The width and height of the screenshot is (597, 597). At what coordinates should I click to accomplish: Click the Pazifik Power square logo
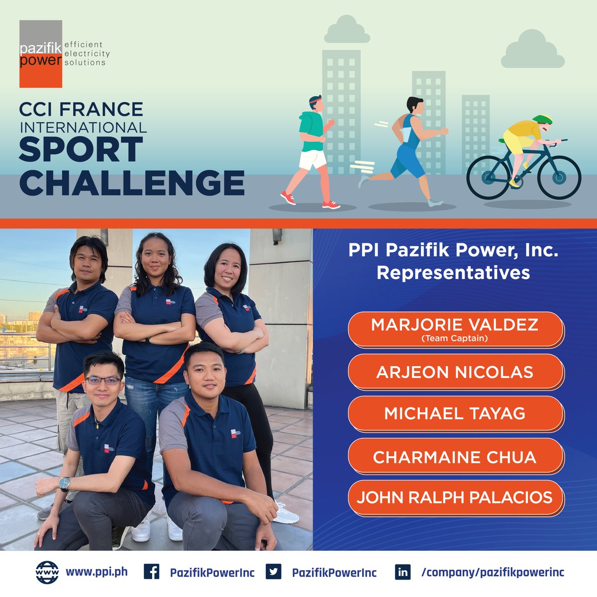(x=41, y=54)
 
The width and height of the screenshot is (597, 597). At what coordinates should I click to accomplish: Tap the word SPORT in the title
(x=81, y=150)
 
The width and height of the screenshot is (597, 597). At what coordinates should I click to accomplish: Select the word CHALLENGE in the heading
(x=132, y=183)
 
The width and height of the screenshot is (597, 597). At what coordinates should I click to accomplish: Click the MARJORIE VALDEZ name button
(x=455, y=329)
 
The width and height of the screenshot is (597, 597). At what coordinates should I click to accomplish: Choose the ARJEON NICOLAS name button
(x=455, y=372)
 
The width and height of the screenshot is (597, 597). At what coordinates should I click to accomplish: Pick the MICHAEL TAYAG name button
(x=455, y=413)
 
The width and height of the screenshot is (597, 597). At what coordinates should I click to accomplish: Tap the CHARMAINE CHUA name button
(x=455, y=457)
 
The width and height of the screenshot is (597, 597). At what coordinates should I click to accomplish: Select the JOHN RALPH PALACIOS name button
(x=455, y=497)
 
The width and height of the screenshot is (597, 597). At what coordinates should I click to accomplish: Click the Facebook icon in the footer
(x=151, y=572)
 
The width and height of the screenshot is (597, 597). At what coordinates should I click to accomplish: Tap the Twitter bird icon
(x=273, y=572)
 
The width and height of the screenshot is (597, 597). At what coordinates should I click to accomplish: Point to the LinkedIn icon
(x=402, y=572)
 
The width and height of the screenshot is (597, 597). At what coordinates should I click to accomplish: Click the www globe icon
(x=47, y=572)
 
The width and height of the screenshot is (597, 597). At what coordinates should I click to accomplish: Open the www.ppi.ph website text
(x=97, y=572)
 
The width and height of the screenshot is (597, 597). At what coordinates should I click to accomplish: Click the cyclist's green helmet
(x=542, y=119)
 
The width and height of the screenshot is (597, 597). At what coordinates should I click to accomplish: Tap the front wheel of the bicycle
(x=559, y=178)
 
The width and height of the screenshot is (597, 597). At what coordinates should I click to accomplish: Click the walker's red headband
(x=314, y=101)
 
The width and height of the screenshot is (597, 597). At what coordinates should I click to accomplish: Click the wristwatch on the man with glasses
(x=64, y=483)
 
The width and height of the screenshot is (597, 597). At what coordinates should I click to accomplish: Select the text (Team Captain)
(x=454, y=339)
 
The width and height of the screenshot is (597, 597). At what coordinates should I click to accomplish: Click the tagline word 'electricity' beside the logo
(x=87, y=54)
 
